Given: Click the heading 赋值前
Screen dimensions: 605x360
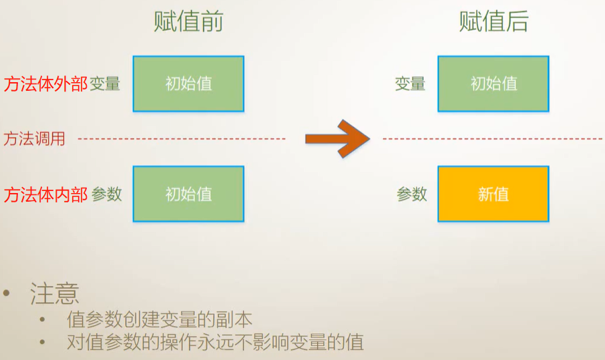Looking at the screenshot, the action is click(x=188, y=22).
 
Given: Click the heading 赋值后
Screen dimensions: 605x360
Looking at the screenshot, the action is click(x=493, y=22).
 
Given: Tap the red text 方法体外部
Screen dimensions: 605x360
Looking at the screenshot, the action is click(x=45, y=84).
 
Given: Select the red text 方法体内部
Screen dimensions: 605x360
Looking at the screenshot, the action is click(x=45, y=194).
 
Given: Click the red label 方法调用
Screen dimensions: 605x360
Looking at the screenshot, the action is click(x=35, y=139).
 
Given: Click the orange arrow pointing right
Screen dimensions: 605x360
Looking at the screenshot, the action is click(x=337, y=138).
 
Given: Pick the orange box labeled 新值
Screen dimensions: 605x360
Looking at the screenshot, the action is click(x=493, y=194).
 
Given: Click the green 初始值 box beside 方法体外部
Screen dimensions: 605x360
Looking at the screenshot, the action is click(x=188, y=83).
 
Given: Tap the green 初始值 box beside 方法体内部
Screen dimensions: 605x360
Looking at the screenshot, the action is click(x=188, y=194).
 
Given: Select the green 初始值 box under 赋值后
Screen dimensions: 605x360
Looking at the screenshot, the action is click(x=493, y=83).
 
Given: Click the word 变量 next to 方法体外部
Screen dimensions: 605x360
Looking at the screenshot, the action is click(x=105, y=84).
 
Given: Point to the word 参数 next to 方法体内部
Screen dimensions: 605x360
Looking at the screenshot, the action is click(x=107, y=194).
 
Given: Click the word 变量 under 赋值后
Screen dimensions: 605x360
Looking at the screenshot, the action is click(x=410, y=84).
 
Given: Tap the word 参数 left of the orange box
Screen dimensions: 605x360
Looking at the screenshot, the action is click(x=411, y=194).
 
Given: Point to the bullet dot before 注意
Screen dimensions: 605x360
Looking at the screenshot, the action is click(x=7, y=294).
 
